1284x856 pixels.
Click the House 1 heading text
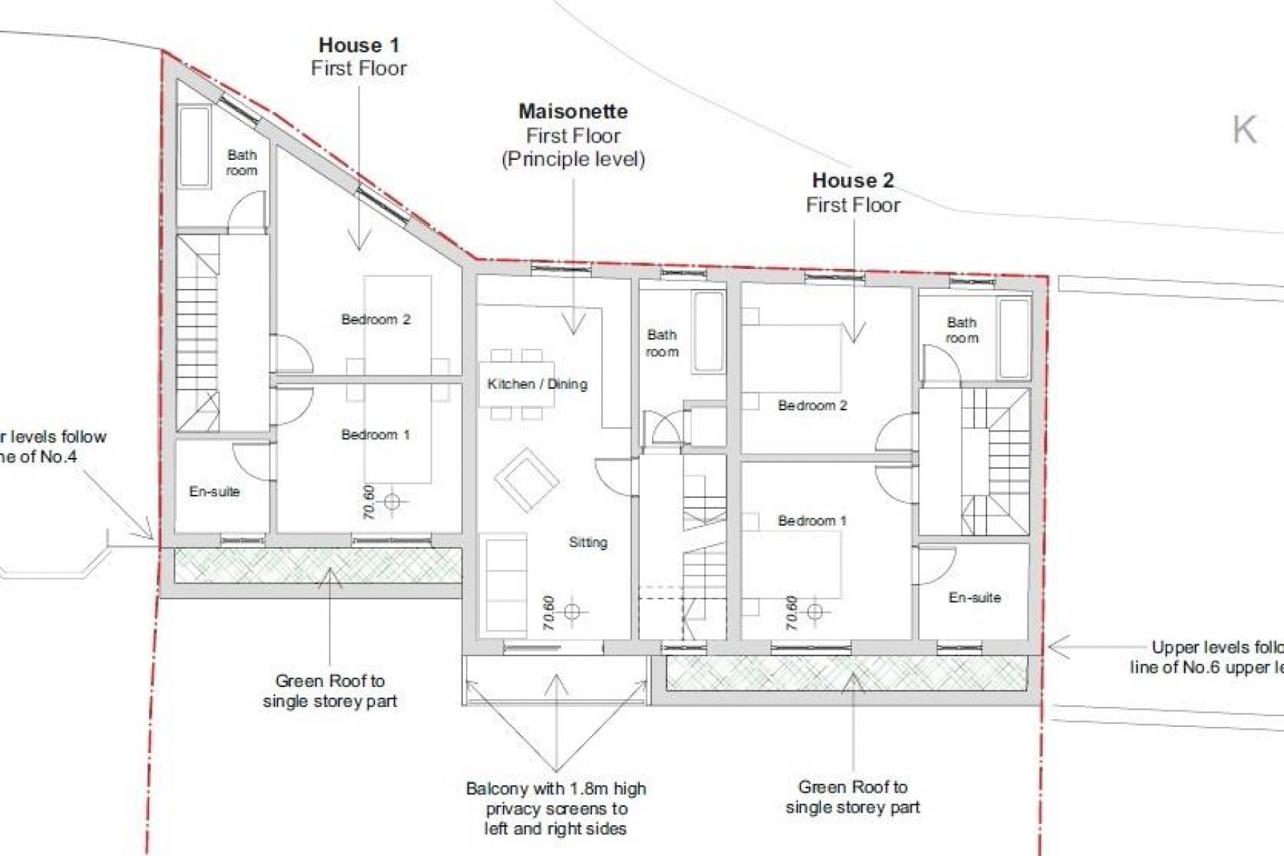click(358, 46)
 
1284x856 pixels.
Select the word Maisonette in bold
click(573, 111)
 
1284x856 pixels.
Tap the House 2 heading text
click(852, 180)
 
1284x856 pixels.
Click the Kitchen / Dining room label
click(537, 384)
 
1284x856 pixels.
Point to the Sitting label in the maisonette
click(588, 543)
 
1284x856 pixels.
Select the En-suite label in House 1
click(214, 491)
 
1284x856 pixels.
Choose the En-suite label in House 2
click(974, 598)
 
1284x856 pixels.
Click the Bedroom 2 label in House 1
click(375, 320)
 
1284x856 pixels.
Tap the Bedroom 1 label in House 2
click(812, 521)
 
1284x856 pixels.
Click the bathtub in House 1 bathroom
click(193, 148)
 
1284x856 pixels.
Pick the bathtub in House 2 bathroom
click(1013, 338)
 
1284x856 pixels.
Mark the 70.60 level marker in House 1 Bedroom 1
click(391, 501)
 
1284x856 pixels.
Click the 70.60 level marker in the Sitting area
click(571, 611)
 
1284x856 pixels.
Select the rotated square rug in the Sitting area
click(527, 479)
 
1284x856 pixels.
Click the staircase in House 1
click(198, 334)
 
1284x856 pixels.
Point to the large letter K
click(1244, 131)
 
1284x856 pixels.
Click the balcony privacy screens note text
click(556, 809)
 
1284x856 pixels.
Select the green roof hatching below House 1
click(317, 565)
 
